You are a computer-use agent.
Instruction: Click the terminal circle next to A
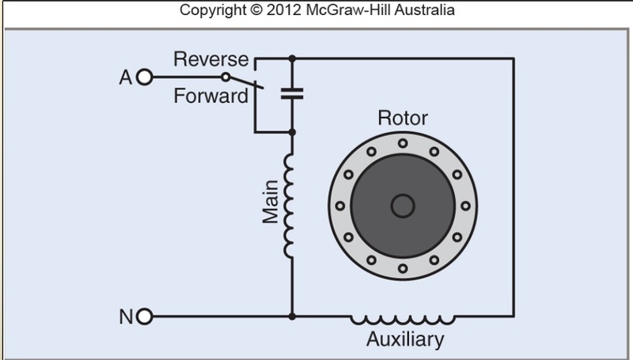coord(143,78)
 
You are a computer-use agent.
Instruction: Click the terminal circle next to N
coord(143,318)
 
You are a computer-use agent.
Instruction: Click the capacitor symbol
coord(292,93)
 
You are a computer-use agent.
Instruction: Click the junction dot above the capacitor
coord(292,59)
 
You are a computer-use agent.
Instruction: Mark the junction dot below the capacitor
coord(292,131)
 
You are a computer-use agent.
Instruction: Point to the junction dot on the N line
coord(292,318)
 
